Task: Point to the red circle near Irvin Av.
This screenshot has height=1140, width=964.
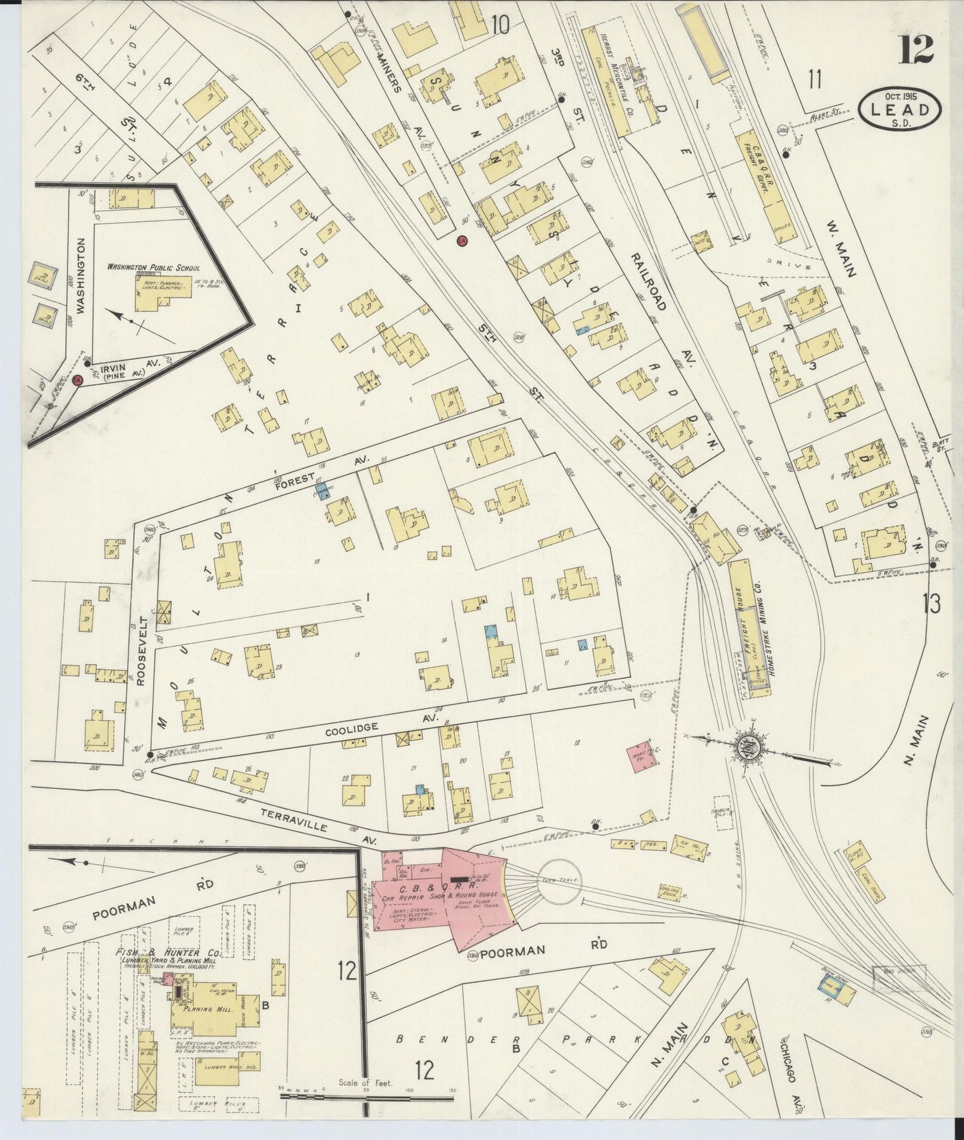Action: coord(77,380)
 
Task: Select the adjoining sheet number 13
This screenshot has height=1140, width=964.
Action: coord(931,603)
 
